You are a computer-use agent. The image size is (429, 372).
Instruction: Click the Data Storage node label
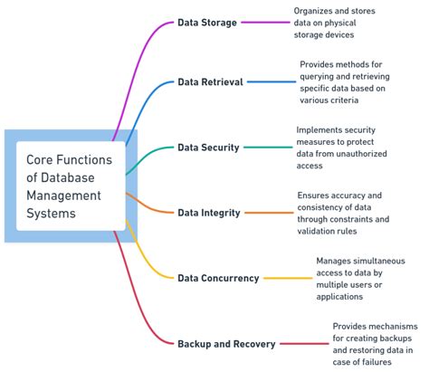[x=207, y=23]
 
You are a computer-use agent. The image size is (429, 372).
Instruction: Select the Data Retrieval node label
[x=210, y=81]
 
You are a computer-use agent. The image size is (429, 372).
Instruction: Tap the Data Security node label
[x=208, y=147]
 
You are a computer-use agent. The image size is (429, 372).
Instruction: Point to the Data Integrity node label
[x=209, y=213]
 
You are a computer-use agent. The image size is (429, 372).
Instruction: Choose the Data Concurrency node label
[x=218, y=278]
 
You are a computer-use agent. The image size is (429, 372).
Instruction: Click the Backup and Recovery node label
[x=226, y=344]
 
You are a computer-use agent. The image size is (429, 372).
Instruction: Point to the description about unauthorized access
[x=338, y=147]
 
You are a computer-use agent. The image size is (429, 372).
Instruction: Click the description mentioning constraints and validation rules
[x=344, y=213]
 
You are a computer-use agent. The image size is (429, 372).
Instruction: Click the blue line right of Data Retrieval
[x=271, y=81]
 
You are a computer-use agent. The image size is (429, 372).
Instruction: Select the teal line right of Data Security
[x=267, y=147]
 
